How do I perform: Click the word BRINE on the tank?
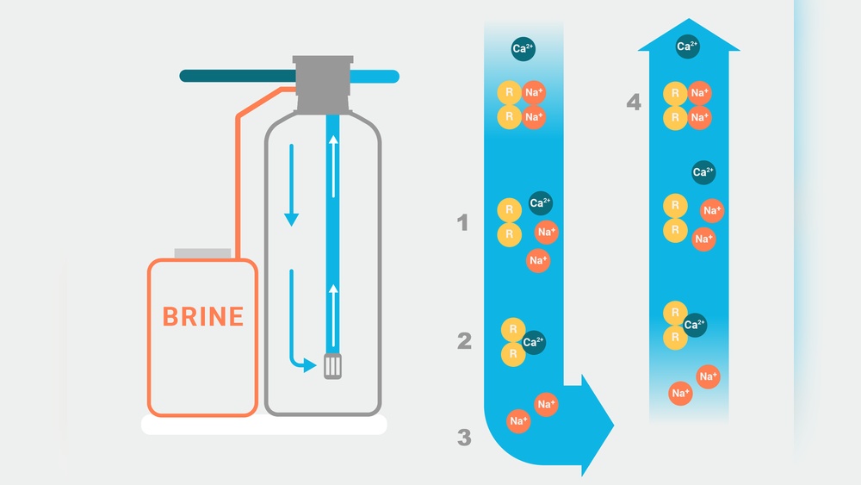203,316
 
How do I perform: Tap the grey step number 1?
463,224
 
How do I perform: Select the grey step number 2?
464,341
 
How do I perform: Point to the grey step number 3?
464,438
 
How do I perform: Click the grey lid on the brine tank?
203,253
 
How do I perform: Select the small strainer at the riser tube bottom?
332,368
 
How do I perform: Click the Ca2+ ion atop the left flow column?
523,48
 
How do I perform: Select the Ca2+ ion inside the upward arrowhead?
687,47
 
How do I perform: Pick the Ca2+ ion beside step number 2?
533,342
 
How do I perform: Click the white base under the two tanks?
263,425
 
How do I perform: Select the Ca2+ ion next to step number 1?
540,203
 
